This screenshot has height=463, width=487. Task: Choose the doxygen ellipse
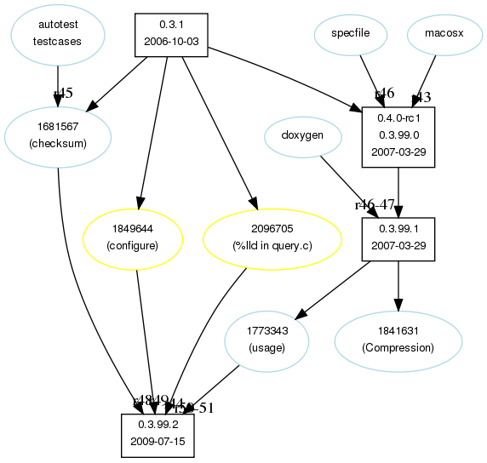(303, 136)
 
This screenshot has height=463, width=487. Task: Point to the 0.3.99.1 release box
(398, 237)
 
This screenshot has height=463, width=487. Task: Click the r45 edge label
(62, 93)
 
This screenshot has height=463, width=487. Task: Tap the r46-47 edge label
(375, 204)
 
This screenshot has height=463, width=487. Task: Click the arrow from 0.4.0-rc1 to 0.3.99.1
(398, 191)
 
